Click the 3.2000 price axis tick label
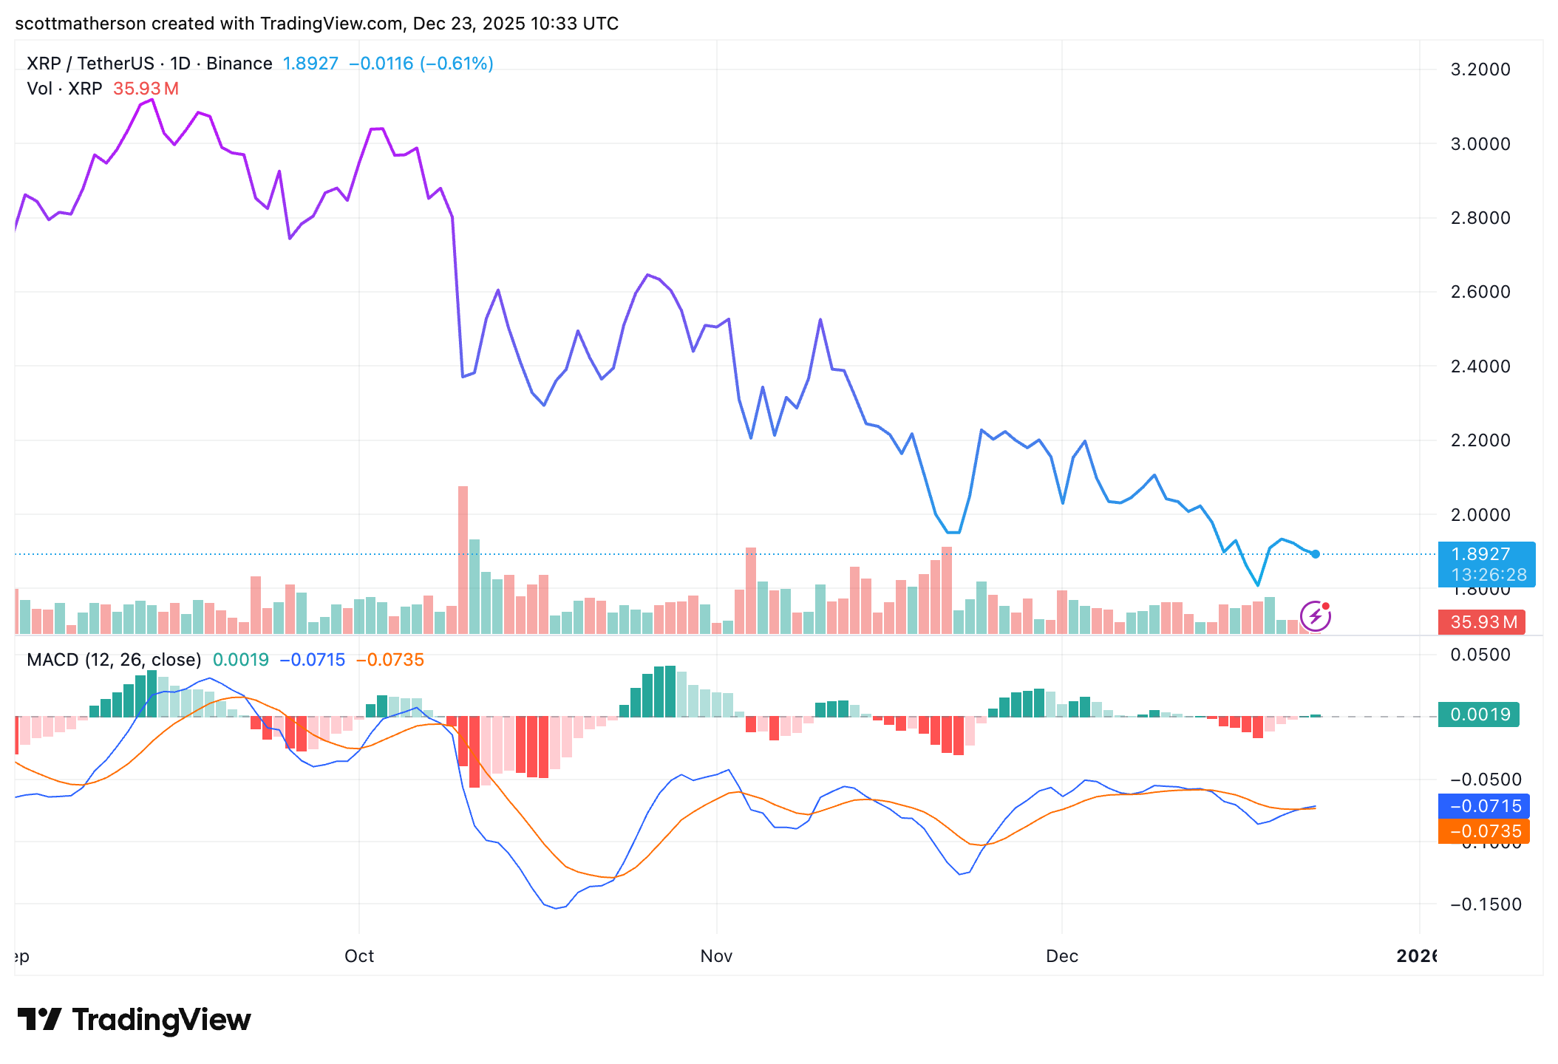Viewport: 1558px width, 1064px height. (1480, 69)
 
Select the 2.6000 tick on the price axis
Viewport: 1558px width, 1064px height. (1480, 292)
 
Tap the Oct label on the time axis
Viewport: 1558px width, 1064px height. (359, 956)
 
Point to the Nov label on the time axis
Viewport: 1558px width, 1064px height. (716, 956)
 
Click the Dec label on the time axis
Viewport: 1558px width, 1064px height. (1062, 956)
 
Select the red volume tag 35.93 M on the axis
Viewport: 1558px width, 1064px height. (1483, 622)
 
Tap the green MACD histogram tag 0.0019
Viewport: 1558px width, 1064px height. (1479, 715)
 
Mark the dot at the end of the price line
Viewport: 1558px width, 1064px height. (1316, 554)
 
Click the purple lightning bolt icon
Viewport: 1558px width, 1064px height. (1316, 616)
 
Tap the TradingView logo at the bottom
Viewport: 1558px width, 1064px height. (135, 1020)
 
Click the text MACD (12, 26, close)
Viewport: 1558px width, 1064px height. (114, 660)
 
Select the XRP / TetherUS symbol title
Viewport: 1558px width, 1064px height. (90, 64)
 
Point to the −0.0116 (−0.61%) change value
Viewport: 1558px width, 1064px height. (421, 64)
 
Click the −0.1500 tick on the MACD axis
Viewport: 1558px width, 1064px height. (1486, 904)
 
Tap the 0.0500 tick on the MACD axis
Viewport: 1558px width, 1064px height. (1480, 655)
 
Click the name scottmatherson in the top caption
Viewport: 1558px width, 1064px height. (80, 24)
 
